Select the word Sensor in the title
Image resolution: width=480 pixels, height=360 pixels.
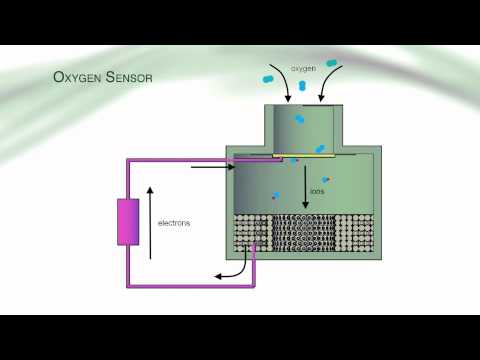127,77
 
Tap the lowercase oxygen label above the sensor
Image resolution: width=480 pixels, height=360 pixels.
303,68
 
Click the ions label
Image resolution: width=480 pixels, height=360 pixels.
317,190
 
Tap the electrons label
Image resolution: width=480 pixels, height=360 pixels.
174,223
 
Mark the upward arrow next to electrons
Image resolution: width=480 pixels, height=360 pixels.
151,220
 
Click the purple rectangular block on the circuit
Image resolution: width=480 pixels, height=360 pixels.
128,222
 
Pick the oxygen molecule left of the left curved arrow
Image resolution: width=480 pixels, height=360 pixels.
269,76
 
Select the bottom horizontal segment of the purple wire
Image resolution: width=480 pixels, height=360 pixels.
190,286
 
